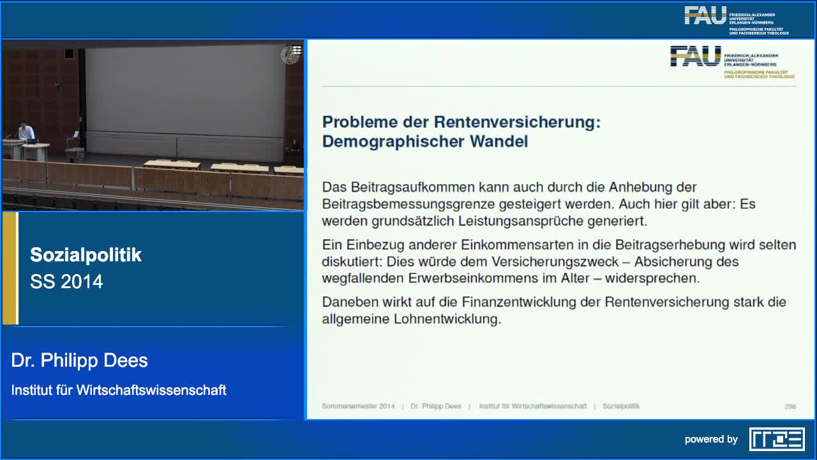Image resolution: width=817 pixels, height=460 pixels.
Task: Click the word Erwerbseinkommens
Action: [439, 279]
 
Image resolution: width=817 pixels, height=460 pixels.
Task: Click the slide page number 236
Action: [790, 406]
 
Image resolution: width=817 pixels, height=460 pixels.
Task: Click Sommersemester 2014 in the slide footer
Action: [358, 406]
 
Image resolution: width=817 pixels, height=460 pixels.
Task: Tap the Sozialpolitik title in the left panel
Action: [86, 255]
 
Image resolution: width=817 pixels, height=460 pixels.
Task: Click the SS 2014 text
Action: [66, 282]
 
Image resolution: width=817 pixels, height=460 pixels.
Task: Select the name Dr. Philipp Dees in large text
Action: [79, 360]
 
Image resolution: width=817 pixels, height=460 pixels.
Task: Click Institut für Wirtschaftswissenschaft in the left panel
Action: [119, 390]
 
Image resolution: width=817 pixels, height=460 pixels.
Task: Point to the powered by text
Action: [711, 439]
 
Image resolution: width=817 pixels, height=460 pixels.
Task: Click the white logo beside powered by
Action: [777, 439]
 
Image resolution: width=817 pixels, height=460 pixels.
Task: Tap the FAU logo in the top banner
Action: [705, 16]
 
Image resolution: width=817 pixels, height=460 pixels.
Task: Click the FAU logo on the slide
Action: [695, 56]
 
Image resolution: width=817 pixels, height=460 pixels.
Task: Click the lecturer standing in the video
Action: [26, 132]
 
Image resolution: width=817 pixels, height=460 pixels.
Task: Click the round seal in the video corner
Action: [290, 55]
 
